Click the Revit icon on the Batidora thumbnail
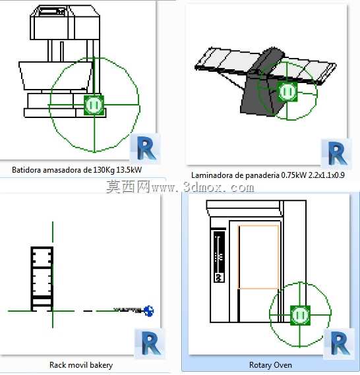(145, 148)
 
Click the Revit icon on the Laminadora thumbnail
(336, 153)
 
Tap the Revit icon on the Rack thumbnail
(150, 343)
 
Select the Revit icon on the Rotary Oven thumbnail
(339, 343)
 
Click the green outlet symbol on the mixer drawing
(94, 105)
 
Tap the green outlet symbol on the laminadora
(287, 92)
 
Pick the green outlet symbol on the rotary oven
(300, 315)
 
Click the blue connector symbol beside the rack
(149, 311)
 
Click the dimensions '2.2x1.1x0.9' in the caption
(326, 175)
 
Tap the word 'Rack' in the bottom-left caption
(57, 365)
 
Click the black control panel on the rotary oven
(220, 256)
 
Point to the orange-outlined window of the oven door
(258, 257)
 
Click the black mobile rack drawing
(42, 279)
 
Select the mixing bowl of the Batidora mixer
(55, 76)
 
